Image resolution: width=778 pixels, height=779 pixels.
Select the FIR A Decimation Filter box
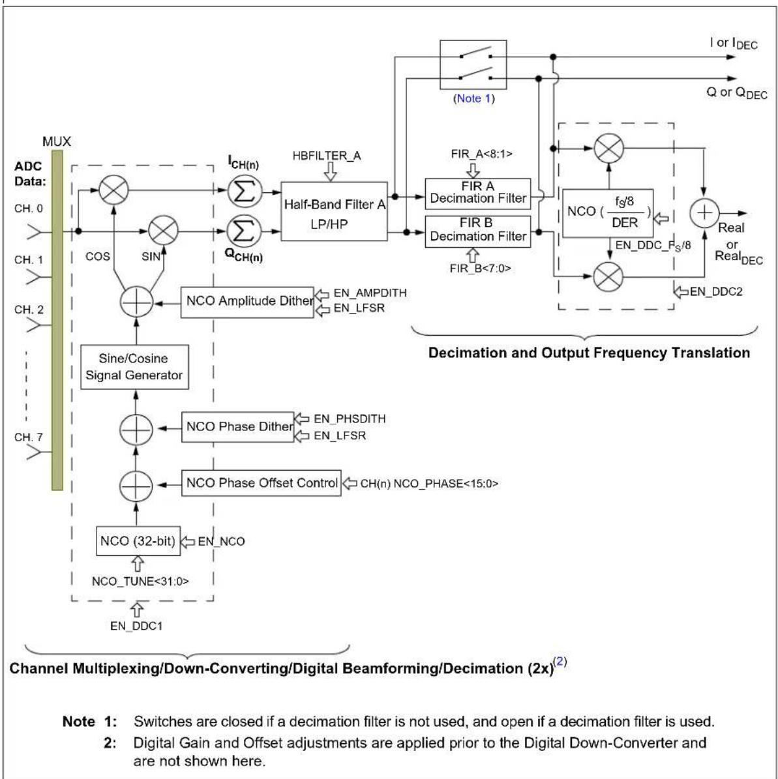(x=478, y=193)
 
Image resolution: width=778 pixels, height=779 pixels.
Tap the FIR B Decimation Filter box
(x=478, y=231)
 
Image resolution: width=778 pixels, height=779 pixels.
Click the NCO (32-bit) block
(x=138, y=541)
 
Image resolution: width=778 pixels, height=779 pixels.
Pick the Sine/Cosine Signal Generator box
(x=134, y=367)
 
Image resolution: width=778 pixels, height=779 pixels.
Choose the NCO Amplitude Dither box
(x=247, y=302)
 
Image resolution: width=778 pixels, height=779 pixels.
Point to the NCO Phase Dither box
(x=237, y=427)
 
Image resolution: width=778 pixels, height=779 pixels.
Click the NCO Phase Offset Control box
(x=261, y=483)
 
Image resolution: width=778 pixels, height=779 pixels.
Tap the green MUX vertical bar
(x=57, y=321)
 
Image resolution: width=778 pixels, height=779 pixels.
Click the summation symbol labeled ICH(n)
(x=244, y=191)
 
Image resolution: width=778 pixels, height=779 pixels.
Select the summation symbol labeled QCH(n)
(x=244, y=231)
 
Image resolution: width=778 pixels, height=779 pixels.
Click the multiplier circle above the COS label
(x=114, y=190)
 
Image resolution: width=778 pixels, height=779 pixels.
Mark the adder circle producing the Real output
(x=704, y=213)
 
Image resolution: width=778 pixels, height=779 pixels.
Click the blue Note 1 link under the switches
(x=473, y=98)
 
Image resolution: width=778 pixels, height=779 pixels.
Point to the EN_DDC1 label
(x=136, y=626)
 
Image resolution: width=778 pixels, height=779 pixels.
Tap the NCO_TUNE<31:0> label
(x=140, y=581)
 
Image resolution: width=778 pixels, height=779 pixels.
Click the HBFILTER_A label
(x=327, y=156)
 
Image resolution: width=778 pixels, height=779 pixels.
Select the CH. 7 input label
(x=28, y=437)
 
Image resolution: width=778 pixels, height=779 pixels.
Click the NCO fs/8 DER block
(x=608, y=213)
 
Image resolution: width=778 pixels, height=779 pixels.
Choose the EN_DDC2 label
(x=716, y=291)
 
